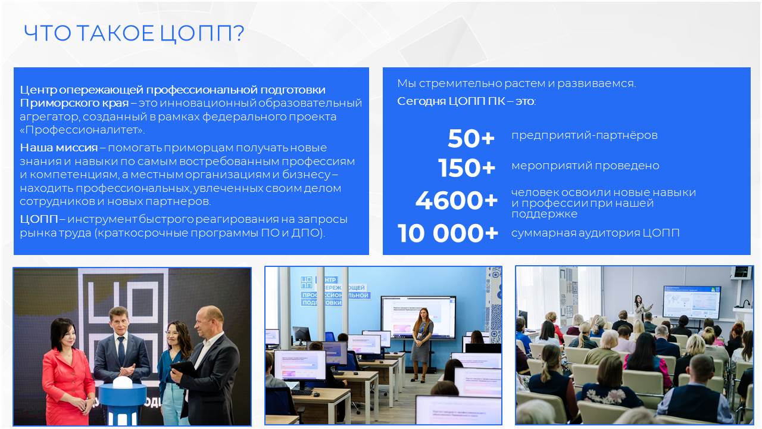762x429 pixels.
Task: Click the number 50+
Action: point(471,138)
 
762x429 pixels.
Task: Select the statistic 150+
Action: point(466,168)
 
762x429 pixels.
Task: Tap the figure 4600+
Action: point(457,200)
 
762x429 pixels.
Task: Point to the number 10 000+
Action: point(448,233)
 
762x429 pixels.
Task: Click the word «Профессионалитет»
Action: point(82,130)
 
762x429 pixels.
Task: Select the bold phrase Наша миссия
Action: point(59,148)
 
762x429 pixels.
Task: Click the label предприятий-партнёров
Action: point(585,135)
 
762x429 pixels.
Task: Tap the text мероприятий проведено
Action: point(585,166)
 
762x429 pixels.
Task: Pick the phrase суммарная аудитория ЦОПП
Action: point(595,233)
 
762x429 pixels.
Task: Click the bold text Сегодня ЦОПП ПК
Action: point(451,101)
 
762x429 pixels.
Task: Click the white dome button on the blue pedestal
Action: point(123,382)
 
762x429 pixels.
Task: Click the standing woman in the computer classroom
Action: point(421,344)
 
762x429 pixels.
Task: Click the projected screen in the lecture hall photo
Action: point(692,302)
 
